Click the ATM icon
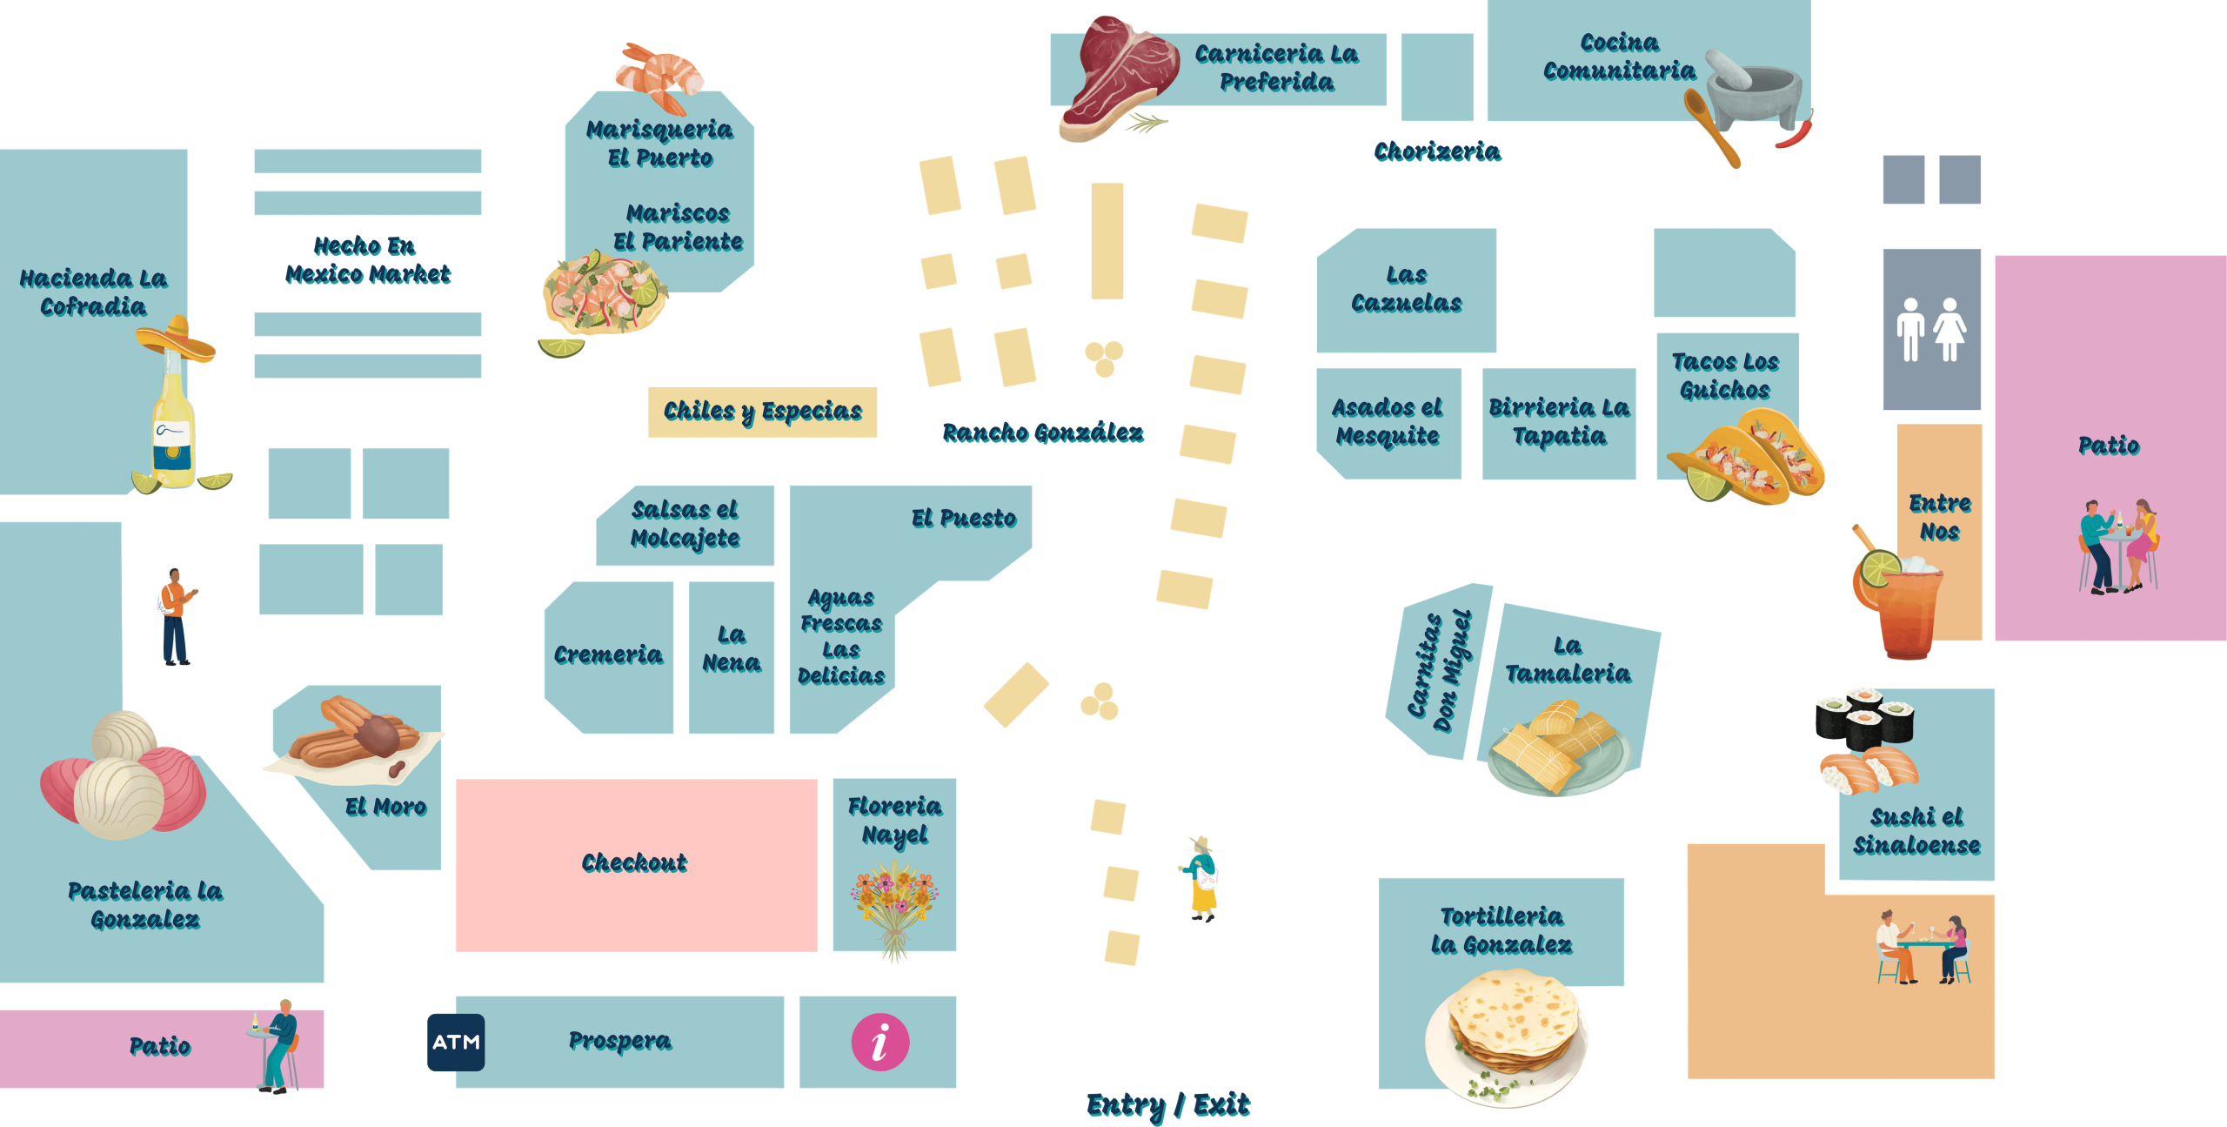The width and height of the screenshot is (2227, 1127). tap(456, 1042)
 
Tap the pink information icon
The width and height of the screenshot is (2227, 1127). tap(880, 1042)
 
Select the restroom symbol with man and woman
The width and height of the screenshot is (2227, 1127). tap(1931, 329)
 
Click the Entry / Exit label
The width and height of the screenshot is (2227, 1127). tap(1168, 1105)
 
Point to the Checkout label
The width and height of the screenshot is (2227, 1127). tap(634, 862)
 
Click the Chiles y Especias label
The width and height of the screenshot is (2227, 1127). tap(763, 411)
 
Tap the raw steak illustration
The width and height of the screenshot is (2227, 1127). tap(1117, 78)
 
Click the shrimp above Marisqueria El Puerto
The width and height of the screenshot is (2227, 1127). tap(659, 77)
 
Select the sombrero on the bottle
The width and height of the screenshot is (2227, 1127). tap(177, 339)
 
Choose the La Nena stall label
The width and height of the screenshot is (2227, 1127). tap(732, 649)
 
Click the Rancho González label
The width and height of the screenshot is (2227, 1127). tap(1043, 433)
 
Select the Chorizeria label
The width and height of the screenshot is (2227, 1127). tap(1437, 151)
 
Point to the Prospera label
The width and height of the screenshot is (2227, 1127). tap(620, 1041)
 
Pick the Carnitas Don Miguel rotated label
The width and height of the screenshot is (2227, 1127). tap(1440, 671)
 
